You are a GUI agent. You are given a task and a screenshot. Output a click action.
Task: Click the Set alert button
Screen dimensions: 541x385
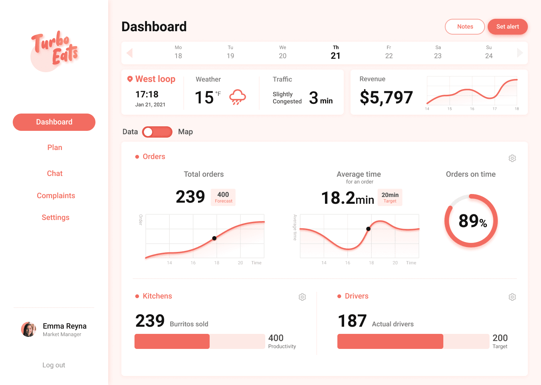pyautogui.click(x=508, y=27)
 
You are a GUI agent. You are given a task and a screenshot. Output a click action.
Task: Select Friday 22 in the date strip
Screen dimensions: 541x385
pyautogui.click(x=388, y=52)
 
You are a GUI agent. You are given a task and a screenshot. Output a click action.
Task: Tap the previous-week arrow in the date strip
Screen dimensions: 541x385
pyautogui.click(x=130, y=53)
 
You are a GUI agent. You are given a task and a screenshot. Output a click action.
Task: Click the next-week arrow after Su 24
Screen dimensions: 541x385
pyautogui.click(x=520, y=53)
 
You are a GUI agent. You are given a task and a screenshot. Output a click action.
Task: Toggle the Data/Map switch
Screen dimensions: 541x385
pyautogui.click(x=157, y=132)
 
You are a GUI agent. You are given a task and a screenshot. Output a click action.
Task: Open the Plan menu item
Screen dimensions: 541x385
pyautogui.click(x=54, y=147)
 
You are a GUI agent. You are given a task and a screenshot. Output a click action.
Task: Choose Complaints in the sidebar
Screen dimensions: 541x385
pyautogui.click(x=56, y=196)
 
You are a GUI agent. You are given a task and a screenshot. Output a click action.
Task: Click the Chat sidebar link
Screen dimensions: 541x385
pyautogui.click(x=54, y=173)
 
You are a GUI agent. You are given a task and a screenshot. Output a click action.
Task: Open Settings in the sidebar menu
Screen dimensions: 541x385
pyautogui.click(x=55, y=217)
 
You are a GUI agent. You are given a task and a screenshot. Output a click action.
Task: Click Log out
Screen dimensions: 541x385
pyautogui.click(x=54, y=365)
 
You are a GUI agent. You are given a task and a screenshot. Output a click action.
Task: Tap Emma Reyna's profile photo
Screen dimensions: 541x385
pyautogui.click(x=29, y=329)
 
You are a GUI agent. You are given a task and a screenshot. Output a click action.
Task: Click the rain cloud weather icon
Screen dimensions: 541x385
pyautogui.click(x=237, y=97)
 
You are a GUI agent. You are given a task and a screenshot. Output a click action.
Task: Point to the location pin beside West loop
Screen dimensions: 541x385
pyautogui.click(x=130, y=79)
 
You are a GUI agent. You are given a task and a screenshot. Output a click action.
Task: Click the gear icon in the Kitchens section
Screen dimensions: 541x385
pyautogui.click(x=302, y=297)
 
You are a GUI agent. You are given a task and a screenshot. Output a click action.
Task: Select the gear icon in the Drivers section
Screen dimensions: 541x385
pyautogui.click(x=512, y=297)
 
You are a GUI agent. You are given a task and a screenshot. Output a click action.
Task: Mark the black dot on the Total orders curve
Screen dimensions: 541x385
pyautogui.click(x=214, y=238)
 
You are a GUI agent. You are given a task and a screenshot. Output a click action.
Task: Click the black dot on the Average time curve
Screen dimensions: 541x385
pyautogui.click(x=368, y=229)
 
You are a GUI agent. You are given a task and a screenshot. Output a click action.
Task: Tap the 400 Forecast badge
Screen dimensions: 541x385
pyautogui.click(x=223, y=197)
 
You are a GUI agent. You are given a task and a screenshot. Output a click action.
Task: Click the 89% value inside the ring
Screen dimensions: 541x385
pyautogui.click(x=473, y=221)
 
